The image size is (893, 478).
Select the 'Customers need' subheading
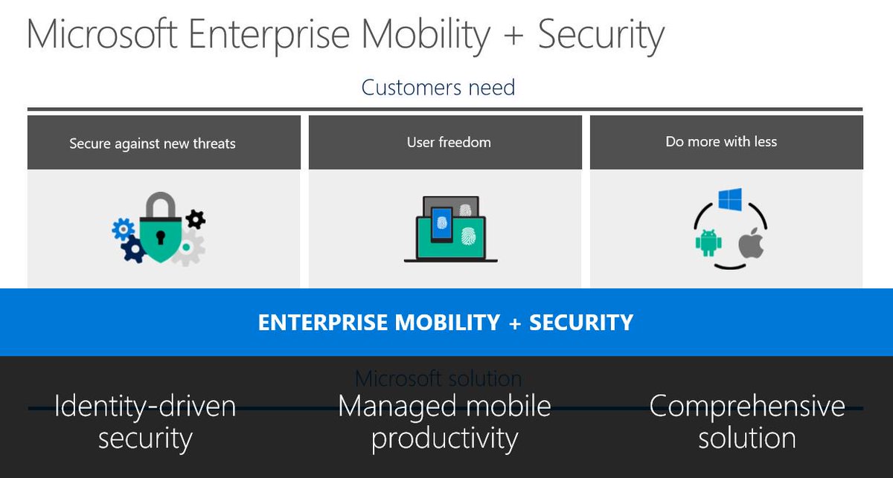coord(438,88)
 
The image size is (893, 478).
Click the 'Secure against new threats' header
coord(153,143)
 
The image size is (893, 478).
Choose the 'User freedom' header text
coord(449,142)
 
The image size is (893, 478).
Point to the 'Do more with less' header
coord(721,141)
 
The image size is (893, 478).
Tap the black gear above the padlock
coord(195,219)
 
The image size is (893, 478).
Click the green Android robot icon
coord(707,243)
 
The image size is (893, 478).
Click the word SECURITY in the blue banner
coord(581,323)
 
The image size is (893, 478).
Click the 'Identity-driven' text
coord(145,406)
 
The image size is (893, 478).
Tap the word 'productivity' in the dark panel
coord(444,439)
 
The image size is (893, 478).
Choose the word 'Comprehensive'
coord(747,406)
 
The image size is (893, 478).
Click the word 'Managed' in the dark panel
coord(397,406)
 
